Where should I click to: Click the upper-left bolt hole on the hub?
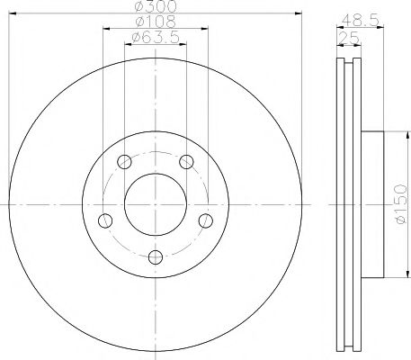tap(125, 162)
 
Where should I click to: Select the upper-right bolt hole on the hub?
tap(186, 162)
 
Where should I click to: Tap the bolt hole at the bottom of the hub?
tap(156, 257)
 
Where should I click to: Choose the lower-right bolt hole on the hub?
tap(205, 220)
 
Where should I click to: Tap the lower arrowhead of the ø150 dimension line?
tap(393, 275)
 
